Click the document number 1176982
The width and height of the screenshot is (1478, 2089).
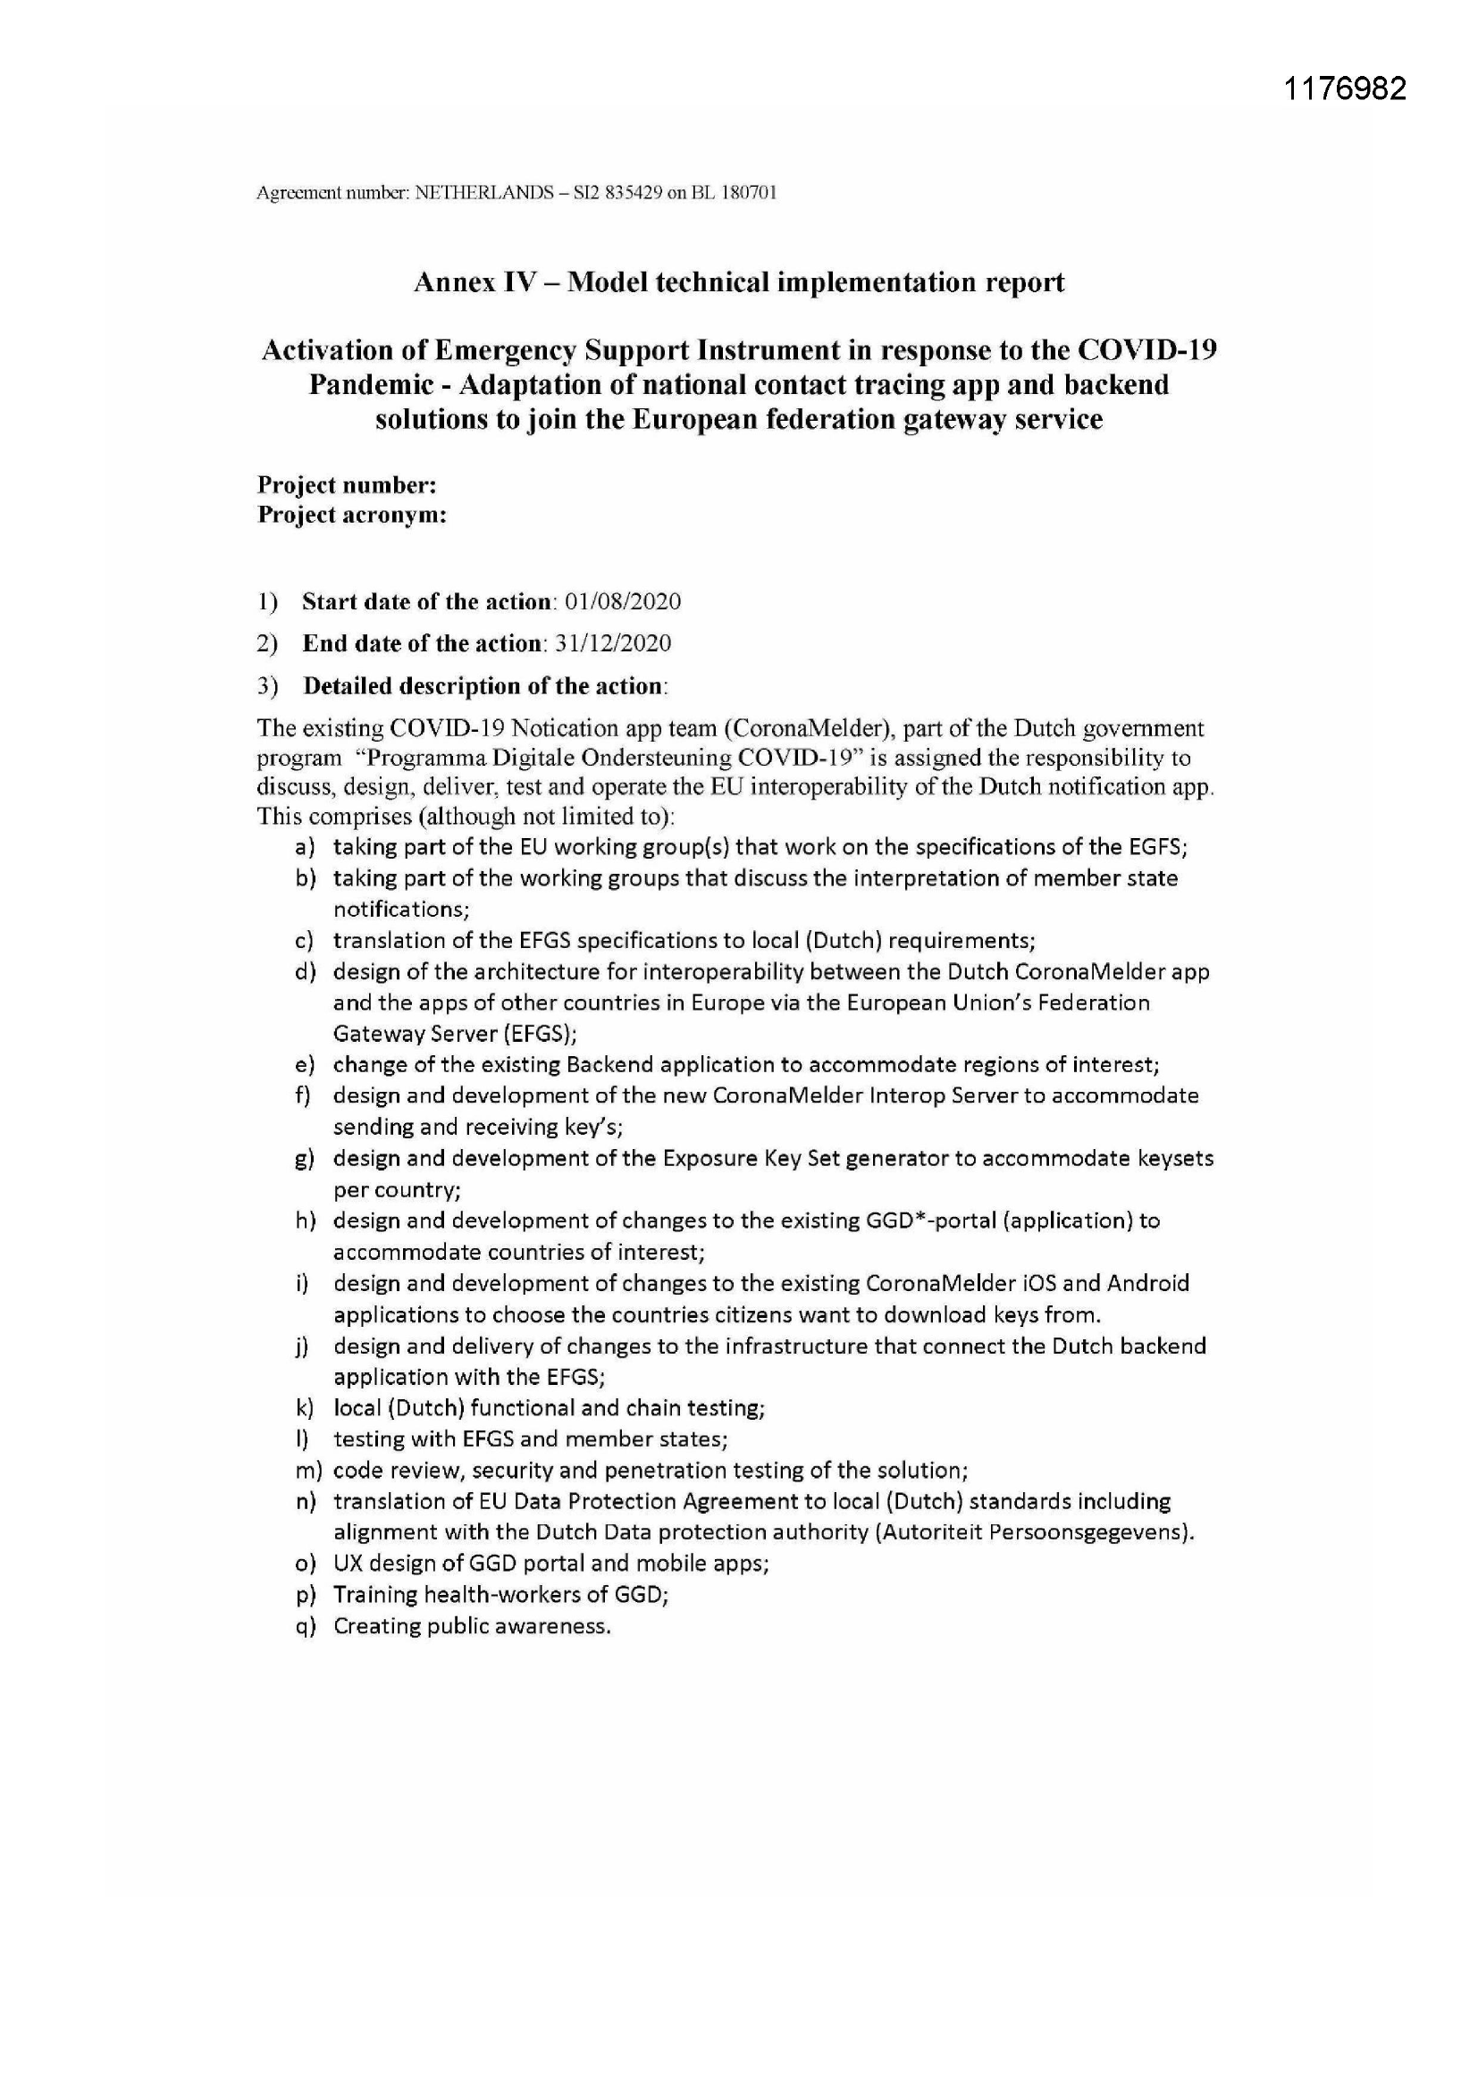coord(1345,88)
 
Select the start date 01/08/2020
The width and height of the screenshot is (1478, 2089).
coord(623,601)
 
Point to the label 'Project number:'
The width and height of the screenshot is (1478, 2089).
coord(347,485)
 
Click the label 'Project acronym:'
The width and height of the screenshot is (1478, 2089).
coord(352,515)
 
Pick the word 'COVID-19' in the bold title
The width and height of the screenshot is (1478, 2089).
coord(1147,350)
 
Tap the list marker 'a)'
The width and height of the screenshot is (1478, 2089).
coord(305,847)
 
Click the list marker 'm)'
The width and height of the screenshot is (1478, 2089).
coord(305,1471)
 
